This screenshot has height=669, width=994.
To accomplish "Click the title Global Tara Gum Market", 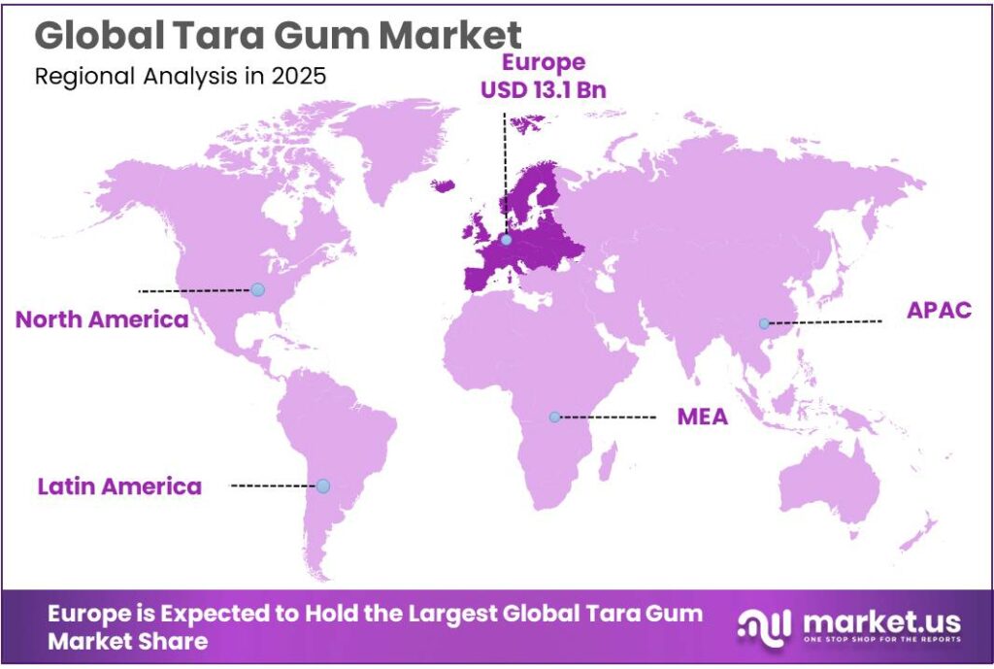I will click(278, 36).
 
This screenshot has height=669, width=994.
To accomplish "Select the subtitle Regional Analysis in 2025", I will click(181, 78).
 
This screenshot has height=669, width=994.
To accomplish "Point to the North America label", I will click(102, 318).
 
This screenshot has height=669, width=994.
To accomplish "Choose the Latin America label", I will click(119, 485).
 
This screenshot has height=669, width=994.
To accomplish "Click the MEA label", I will click(702, 418).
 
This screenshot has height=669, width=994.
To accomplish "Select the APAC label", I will click(939, 311).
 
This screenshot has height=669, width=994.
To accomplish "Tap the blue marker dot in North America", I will click(257, 289).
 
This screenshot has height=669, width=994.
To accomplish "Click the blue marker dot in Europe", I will click(506, 236).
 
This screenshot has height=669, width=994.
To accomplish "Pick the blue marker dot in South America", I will click(323, 485).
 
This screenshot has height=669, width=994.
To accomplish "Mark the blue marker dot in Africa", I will click(554, 417).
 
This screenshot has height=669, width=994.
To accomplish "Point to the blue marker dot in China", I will click(764, 323).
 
